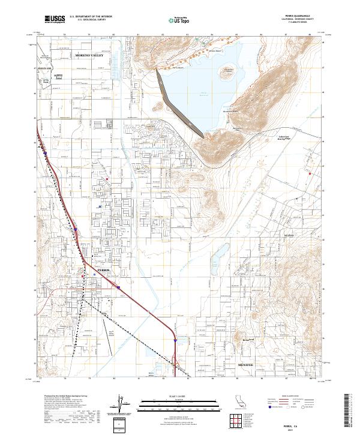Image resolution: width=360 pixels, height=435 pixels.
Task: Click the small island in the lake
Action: (227, 74)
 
